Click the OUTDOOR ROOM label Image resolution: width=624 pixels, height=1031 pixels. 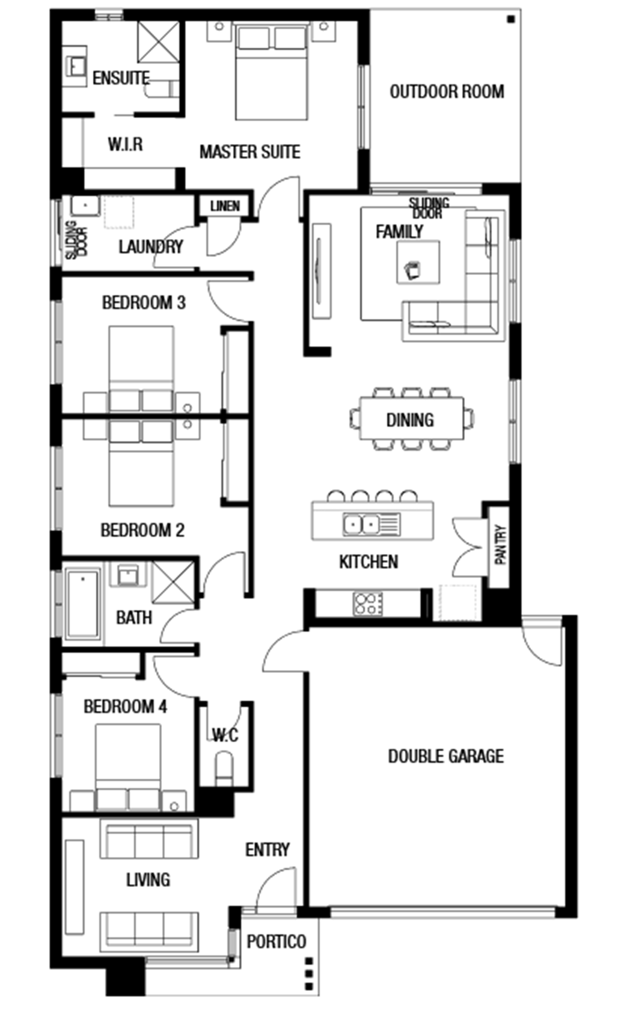(447, 91)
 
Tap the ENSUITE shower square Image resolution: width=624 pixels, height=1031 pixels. (159, 42)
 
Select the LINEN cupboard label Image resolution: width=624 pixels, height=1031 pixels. (225, 206)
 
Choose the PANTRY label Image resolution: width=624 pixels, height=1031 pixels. (500, 545)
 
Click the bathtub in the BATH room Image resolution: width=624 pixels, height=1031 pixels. (83, 604)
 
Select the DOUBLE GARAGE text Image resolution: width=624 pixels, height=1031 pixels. (446, 756)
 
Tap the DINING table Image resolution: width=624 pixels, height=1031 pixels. (411, 419)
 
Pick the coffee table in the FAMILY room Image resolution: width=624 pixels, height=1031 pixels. (418, 263)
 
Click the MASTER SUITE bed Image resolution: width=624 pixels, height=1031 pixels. (272, 71)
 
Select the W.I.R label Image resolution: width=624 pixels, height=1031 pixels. (125, 144)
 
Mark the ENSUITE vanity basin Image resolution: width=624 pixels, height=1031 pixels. (77, 66)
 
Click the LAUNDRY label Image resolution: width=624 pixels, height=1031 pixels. (151, 247)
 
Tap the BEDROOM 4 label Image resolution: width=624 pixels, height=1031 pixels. (125, 707)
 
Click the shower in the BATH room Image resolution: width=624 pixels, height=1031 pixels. (173, 582)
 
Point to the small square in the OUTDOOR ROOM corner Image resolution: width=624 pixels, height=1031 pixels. (511, 19)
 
